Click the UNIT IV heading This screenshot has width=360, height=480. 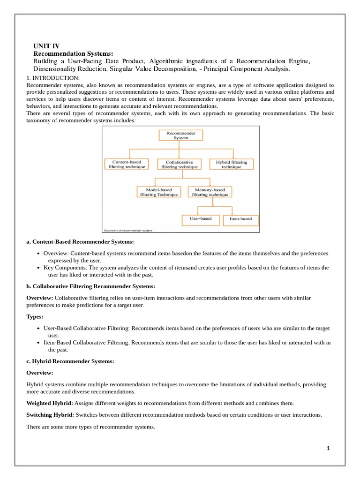46,46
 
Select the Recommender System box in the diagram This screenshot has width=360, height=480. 181,135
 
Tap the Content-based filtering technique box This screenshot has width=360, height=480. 127,164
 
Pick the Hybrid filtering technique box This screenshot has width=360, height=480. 232,164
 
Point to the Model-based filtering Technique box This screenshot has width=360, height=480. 158,192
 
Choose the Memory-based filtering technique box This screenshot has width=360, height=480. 210,192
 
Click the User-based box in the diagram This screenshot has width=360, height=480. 200,219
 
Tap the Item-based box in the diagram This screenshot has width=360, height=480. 241,219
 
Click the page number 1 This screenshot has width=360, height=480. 329,448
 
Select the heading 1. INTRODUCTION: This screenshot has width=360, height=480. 53,78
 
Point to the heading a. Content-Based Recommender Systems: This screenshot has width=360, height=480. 80,242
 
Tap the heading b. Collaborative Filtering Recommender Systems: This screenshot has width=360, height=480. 91,286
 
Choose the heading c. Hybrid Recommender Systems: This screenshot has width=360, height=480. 70,361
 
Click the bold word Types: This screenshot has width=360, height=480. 35,317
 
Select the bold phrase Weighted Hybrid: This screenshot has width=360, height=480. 50,403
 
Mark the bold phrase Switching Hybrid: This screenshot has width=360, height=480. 50,415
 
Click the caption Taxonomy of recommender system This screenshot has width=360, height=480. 127,230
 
